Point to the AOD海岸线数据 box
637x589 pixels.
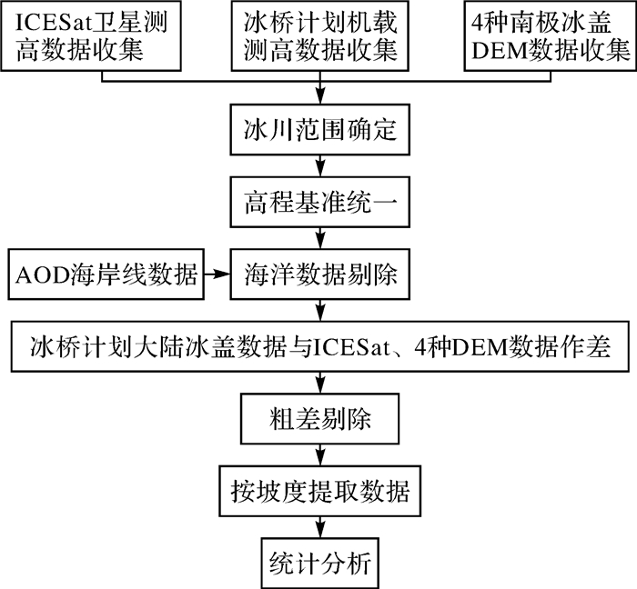tap(101, 272)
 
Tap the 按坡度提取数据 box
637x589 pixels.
tap(318, 492)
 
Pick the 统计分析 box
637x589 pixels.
tap(318, 563)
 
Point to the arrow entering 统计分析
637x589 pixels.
tap(318, 529)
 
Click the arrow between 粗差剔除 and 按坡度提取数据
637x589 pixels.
tap(318, 456)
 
